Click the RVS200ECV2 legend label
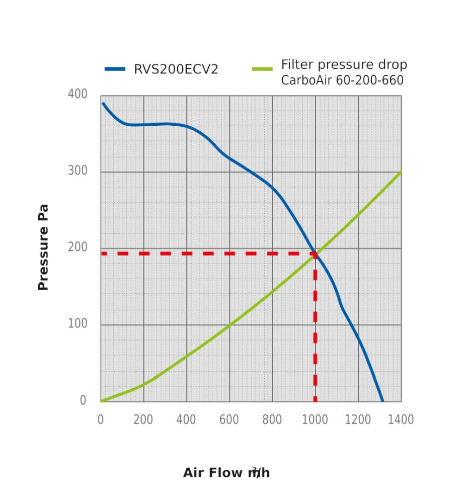point(176,69)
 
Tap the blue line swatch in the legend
point(115,69)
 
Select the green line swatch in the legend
point(262,69)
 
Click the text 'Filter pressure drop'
point(344,65)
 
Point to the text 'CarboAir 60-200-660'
point(342,80)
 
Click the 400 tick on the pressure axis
point(77,95)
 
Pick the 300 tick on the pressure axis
point(77,171)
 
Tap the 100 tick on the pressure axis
point(77,324)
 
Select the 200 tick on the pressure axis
point(77,247)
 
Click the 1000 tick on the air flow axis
point(315,420)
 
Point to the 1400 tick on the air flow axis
point(401,420)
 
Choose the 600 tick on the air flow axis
point(229,420)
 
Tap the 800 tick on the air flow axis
point(272,420)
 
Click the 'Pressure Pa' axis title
point(43,247)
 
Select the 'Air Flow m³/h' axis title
point(226,473)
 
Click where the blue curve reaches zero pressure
point(383,401)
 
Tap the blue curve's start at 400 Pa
point(103,103)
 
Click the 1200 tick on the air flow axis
point(358,420)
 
